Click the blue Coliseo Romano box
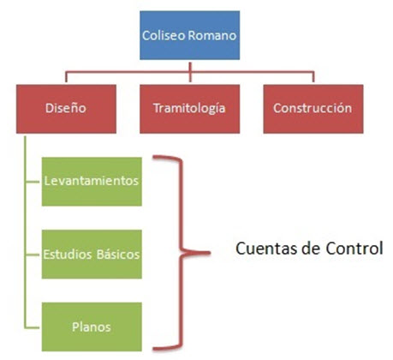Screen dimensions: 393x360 pos(189,35)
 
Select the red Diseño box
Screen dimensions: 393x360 pos(66,109)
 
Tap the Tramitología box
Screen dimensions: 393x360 pos(189,109)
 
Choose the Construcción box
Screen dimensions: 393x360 pos(313,109)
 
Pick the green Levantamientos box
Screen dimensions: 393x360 pos(92,182)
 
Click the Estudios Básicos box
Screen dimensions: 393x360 pos(92,254)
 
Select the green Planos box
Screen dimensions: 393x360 pos(92,327)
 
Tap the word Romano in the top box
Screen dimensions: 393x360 pos(212,35)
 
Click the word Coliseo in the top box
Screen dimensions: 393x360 pos(164,35)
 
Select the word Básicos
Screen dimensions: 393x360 pos(118,255)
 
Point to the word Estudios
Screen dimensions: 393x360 pos(68,255)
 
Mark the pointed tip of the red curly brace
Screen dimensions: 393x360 pos(210,253)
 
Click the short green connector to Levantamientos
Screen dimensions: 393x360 pos(33,182)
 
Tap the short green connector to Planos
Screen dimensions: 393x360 pos(33,327)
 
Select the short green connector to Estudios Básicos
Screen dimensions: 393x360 pos(33,255)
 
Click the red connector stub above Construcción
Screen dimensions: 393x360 pos(313,76)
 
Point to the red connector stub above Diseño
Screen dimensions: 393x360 pos(66,76)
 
